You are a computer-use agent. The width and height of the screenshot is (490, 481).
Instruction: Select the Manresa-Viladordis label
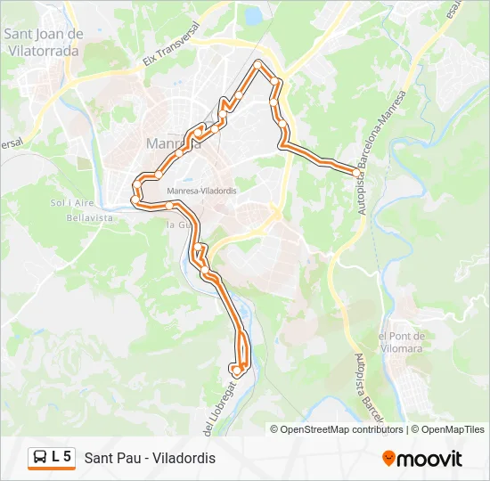(x=200, y=191)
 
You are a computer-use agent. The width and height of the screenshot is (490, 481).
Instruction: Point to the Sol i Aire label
(x=71, y=203)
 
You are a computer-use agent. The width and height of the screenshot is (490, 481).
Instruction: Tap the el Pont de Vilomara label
(x=402, y=342)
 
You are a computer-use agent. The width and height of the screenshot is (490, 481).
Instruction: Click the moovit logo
(x=422, y=459)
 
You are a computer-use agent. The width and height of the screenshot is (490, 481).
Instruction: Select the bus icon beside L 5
(x=40, y=458)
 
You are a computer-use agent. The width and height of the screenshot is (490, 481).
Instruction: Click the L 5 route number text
(x=61, y=458)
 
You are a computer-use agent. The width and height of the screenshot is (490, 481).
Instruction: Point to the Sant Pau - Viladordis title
(x=150, y=458)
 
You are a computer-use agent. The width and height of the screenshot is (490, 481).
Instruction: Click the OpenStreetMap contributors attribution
(x=342, y=429)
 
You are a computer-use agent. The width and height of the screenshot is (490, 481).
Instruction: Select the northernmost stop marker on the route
(x=259, y=64)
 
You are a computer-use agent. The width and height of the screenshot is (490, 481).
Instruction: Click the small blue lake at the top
(x=253, y=15)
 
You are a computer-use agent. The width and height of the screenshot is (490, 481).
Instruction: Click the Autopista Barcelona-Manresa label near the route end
(x=375, y=143)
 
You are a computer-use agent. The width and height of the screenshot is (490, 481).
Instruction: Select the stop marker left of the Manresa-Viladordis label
(x=167, y=205)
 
